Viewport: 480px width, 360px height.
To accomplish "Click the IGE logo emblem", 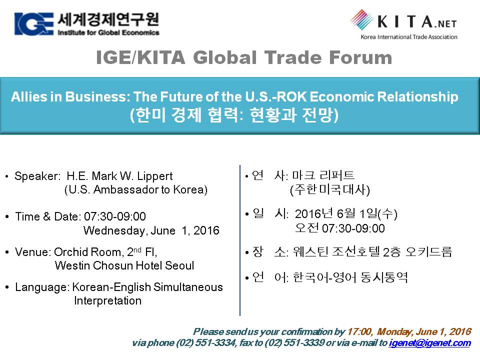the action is click(x=33, y=24).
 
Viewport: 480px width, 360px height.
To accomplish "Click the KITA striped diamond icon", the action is click(x=362, y=19).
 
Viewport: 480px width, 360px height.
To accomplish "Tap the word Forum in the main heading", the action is click(x=360, y=57).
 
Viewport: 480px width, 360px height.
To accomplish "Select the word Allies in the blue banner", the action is click(x=28, y=96).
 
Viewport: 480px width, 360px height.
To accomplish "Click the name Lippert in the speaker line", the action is click(x=154, y=176).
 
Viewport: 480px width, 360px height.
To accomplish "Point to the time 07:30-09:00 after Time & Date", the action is click(x=115, y=216).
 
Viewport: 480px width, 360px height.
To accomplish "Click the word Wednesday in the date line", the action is click(x=114, y=230).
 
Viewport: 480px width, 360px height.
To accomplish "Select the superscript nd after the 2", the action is click(x=137, y=249).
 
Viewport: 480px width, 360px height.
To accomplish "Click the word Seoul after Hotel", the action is click(x=179, y=265).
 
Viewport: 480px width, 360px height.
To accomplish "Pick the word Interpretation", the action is click(x=108, y=300).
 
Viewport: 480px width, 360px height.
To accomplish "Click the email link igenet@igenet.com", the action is click(x=430, y=343).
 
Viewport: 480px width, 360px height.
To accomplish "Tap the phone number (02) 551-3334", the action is click(x=206, y=342).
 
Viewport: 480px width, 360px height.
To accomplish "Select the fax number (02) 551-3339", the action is click(x=294, y=342).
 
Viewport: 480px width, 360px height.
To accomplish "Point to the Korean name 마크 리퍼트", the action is click(x=323, y=175).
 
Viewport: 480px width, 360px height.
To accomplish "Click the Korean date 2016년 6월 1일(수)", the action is click(x=346, y=213).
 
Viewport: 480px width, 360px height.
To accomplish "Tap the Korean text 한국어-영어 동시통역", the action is click(x=350, y=277).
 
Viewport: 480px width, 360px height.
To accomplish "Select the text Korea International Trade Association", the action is click(x=409, y=37).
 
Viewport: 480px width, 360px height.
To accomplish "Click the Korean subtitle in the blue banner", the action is click(x=234, y=115).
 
